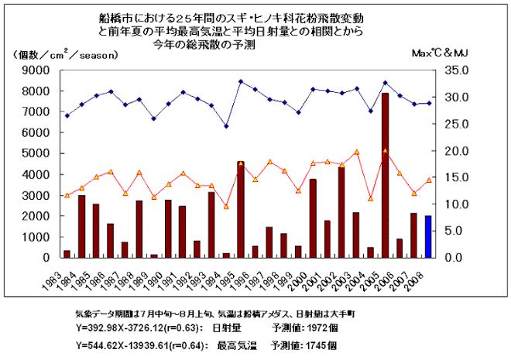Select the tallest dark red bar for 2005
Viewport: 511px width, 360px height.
click(x=385, y=175)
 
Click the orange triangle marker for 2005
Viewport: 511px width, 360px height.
click(x=385, y=151)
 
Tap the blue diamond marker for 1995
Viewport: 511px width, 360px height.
click(x=241, y=81)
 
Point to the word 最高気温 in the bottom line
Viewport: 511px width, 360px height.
click(x=225, y=344)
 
